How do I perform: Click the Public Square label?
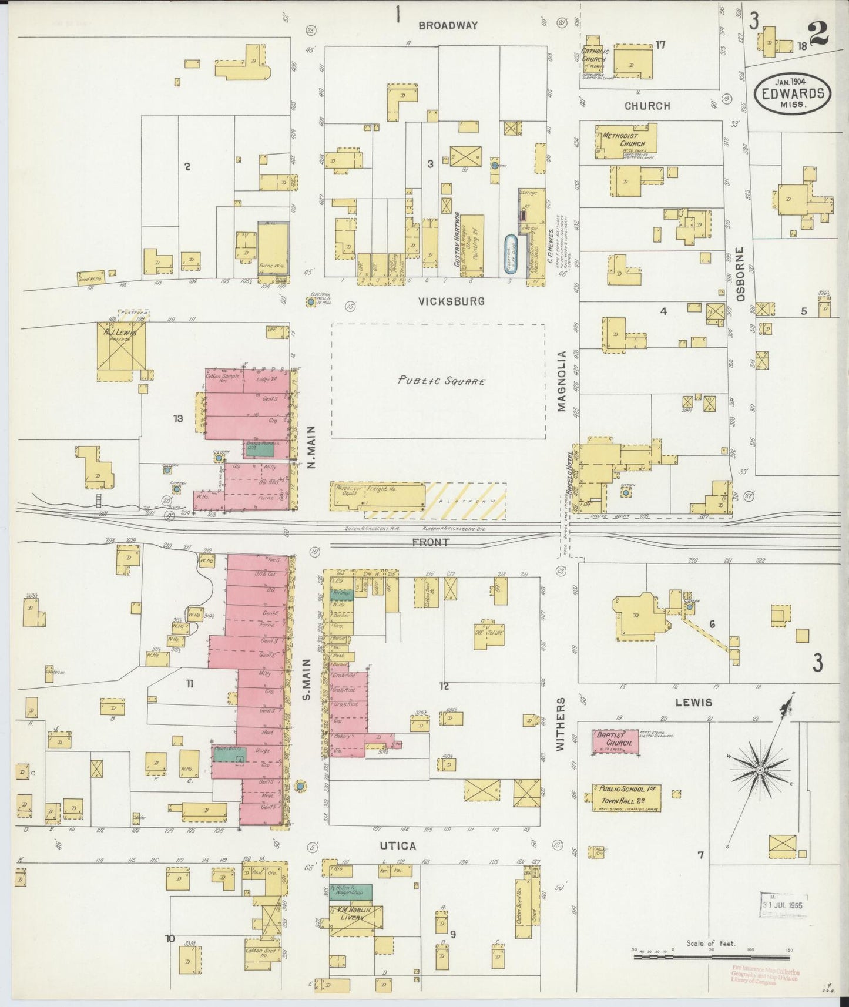[441, 381]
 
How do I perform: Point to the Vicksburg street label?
[451, 301]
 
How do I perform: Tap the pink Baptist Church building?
[615, 741]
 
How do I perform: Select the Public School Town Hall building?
[626, 795]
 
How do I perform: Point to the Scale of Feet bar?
[712, 958]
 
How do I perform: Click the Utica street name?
[401, 846]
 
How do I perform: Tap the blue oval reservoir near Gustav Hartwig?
[511, 255]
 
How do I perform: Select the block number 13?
[178, 419]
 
